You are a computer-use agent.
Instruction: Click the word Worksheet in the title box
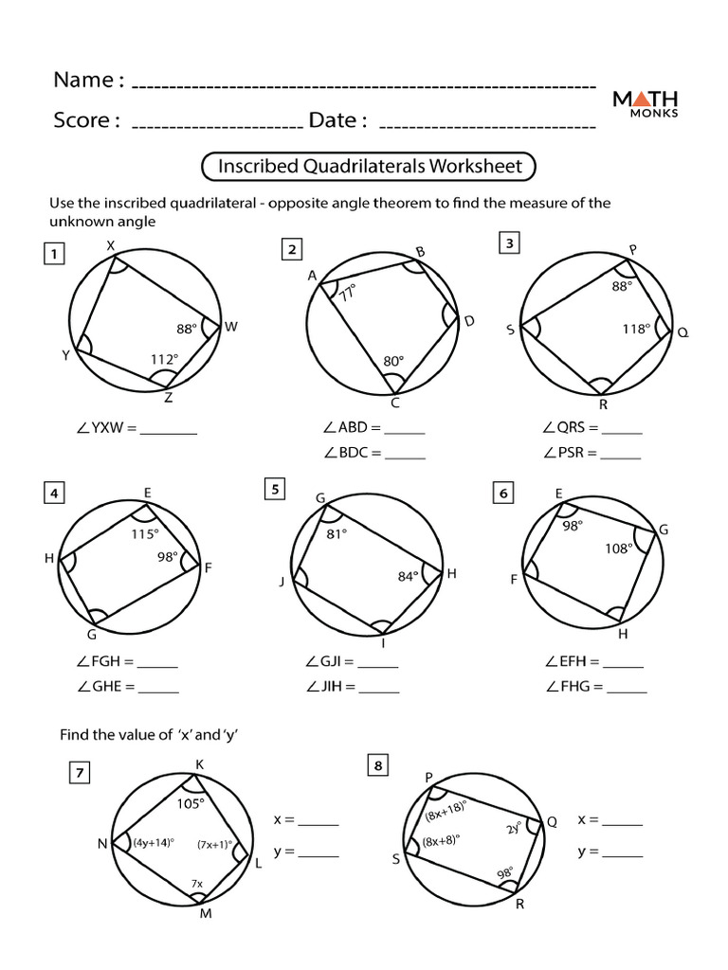475,167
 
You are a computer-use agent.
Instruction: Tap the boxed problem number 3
509,244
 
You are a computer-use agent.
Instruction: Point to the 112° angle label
165,358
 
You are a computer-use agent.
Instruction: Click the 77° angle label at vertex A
347,293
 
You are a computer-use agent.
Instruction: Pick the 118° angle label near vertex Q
635,329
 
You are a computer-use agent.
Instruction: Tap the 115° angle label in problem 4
144,534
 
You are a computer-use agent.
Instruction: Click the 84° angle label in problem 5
409,576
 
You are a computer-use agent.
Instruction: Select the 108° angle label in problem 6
617,548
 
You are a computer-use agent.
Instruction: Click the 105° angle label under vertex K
190,803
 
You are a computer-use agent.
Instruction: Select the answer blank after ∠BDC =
405,453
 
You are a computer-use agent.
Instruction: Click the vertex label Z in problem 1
169,399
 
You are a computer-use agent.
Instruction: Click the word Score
86,120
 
